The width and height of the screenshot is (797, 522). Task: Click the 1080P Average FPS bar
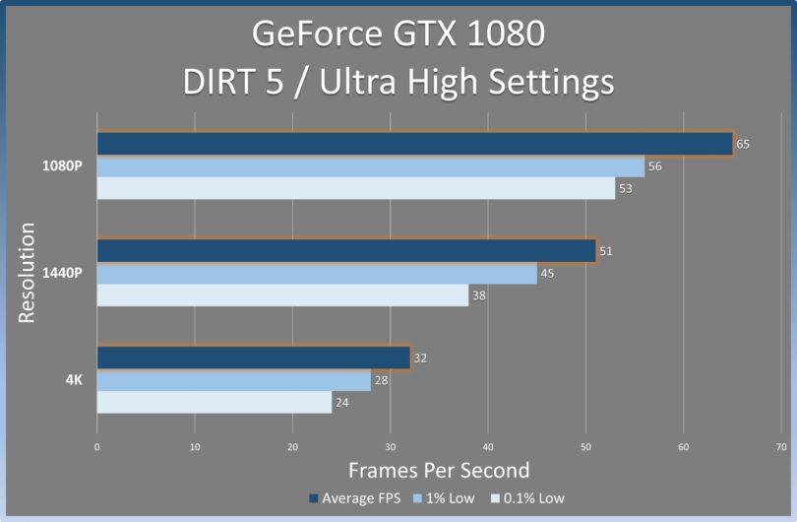414,144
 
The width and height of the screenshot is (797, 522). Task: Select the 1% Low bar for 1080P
370,166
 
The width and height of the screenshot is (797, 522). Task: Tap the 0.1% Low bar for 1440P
282,294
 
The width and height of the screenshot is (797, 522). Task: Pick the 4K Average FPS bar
253,358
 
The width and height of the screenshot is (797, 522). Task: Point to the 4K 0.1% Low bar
214,402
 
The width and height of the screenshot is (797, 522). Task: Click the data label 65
743,144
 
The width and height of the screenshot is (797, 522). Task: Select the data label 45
547,274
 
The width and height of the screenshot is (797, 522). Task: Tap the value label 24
341,402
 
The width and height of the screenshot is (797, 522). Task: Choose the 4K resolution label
73,379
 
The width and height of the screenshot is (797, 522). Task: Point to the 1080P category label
60,165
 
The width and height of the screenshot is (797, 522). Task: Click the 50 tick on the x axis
585,447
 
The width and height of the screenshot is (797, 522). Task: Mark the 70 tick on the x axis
781,447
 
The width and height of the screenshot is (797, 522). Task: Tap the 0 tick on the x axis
96,447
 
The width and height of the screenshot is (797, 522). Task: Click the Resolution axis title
28,273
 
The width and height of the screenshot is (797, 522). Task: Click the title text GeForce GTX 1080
398,34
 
